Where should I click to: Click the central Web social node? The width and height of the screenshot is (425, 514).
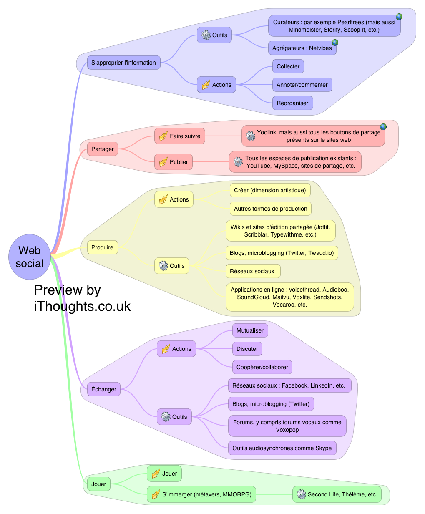pos(29,257)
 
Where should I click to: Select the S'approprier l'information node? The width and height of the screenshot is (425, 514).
pos(123,63)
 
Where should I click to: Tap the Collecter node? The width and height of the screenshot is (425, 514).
pos(288,66)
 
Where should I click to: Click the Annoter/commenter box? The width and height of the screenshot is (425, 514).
pos(302,85)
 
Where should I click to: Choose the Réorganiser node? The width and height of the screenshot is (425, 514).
pos(292,103)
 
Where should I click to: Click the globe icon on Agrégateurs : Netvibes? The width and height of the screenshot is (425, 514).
pos(334,43)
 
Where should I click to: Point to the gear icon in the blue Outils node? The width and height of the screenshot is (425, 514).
pos(206,35)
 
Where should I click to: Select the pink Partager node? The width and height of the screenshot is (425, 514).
pos(103,149)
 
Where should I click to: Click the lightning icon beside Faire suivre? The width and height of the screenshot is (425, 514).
pos(163,136)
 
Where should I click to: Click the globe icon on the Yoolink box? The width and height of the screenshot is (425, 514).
pos(383,127)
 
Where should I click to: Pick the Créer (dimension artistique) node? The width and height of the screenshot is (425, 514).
pos(270,190)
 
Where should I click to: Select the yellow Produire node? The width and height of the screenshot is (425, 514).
pos(102,247)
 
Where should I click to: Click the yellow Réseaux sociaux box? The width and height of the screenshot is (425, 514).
pos(252,271)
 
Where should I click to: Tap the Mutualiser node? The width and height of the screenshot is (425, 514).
pos(250,330)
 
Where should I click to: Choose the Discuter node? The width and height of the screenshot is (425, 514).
pos(247,349)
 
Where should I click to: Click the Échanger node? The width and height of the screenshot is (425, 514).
pos(103,389)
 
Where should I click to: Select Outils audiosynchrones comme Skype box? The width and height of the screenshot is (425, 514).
pos(282,448)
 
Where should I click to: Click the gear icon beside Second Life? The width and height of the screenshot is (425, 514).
pos(301,494)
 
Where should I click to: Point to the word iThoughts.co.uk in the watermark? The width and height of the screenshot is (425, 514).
pos(82,306)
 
